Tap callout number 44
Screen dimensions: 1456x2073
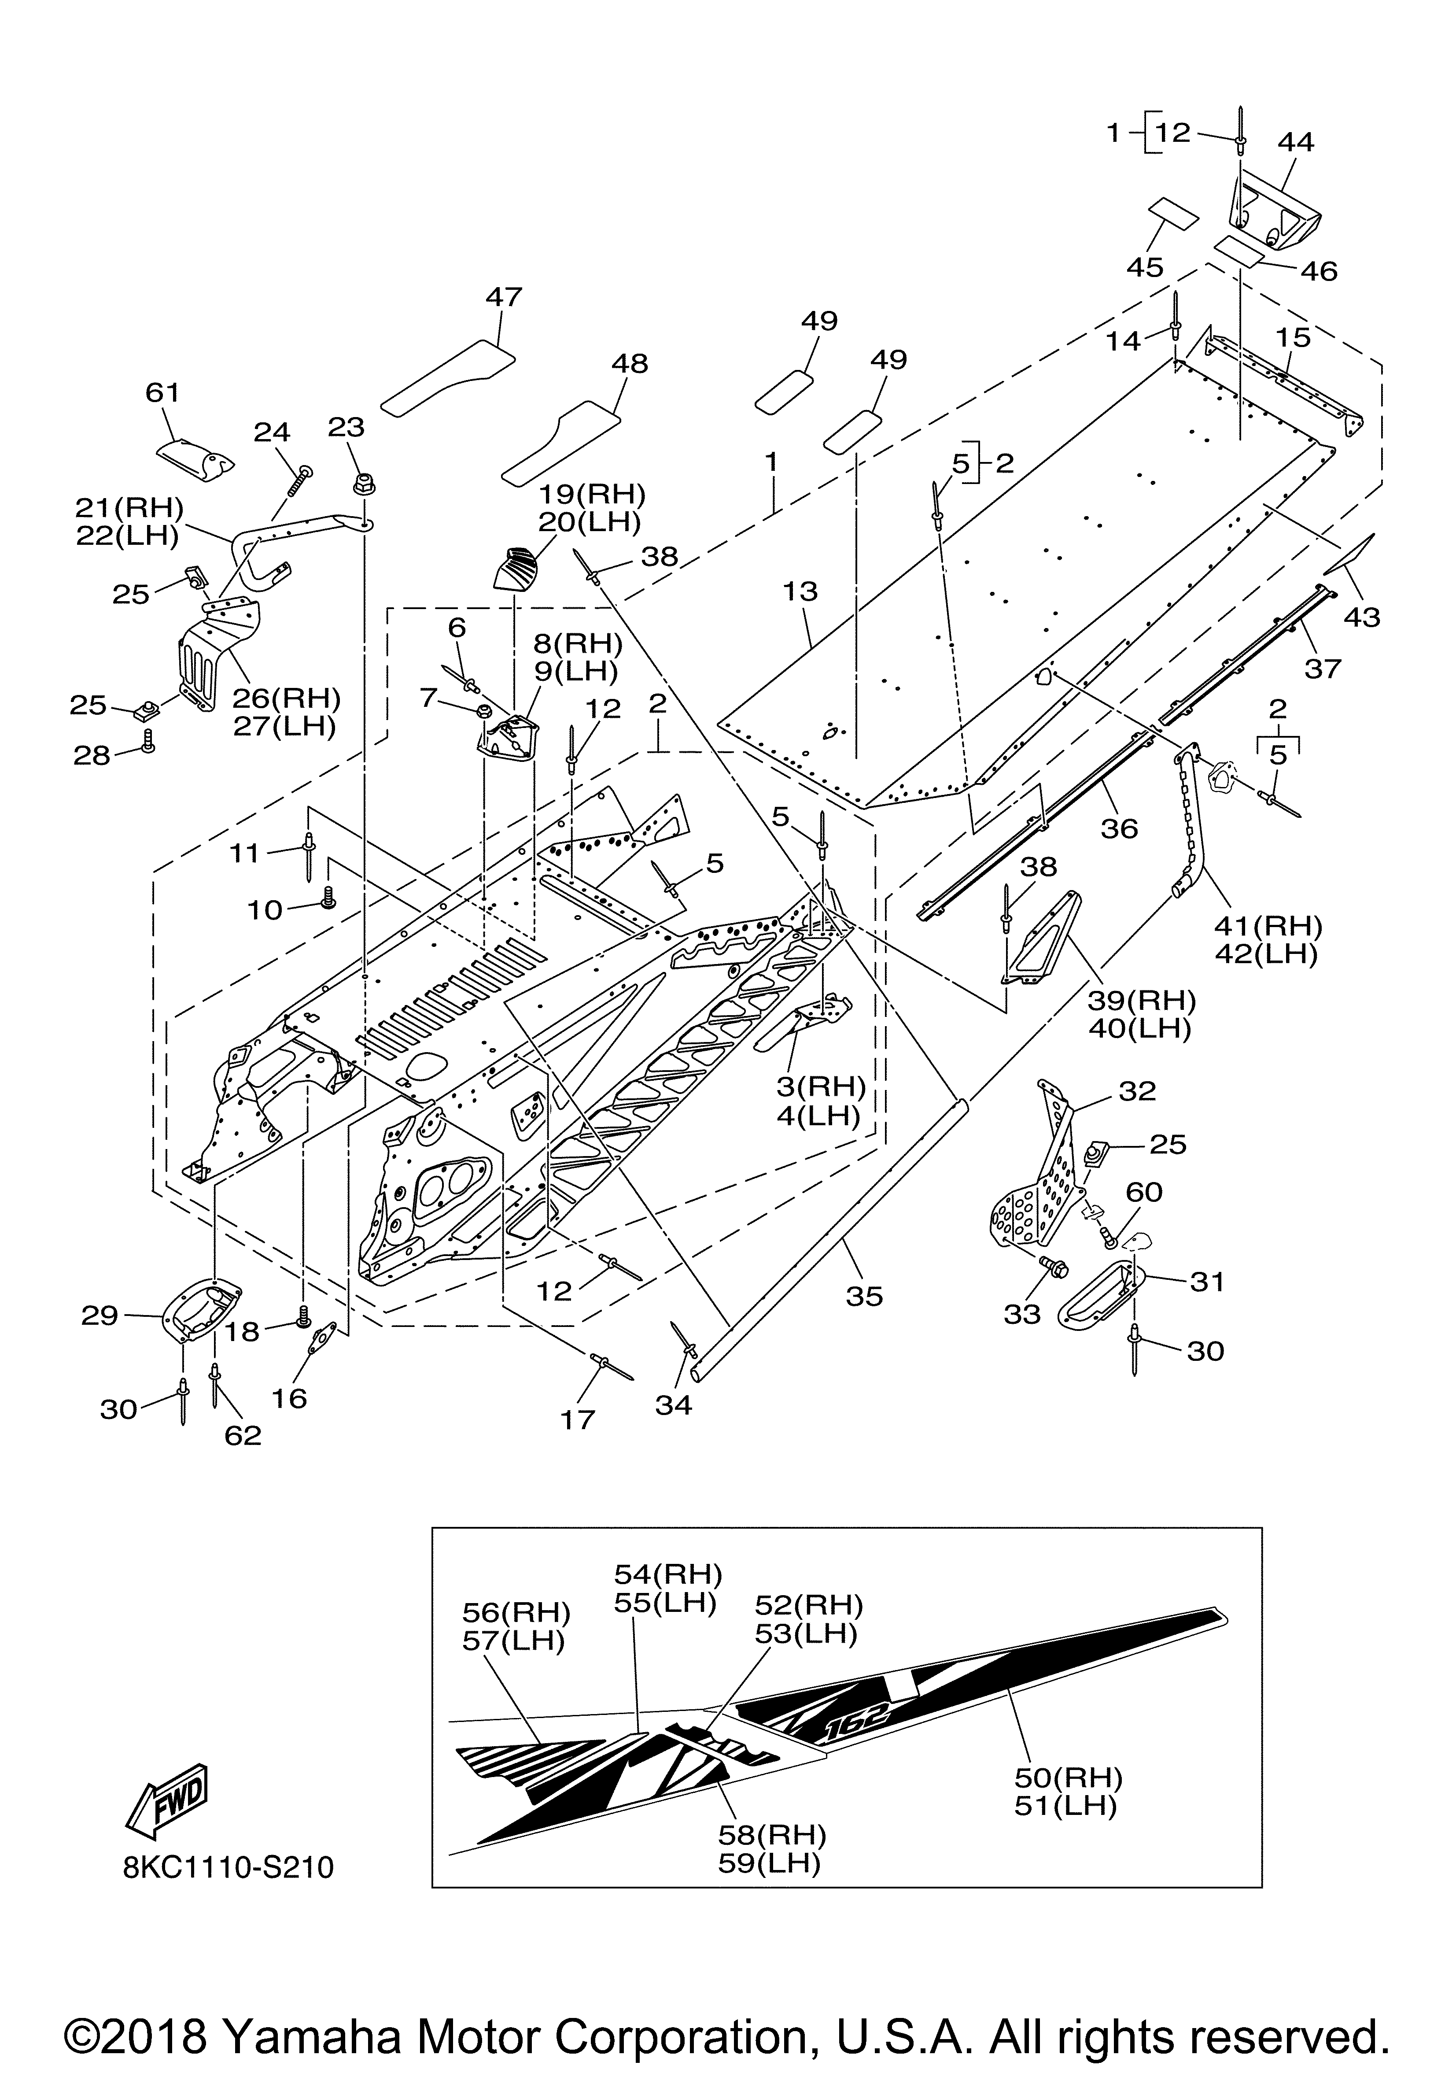(x=1296, y=142)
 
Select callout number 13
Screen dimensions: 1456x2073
(x=801, y=591)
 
